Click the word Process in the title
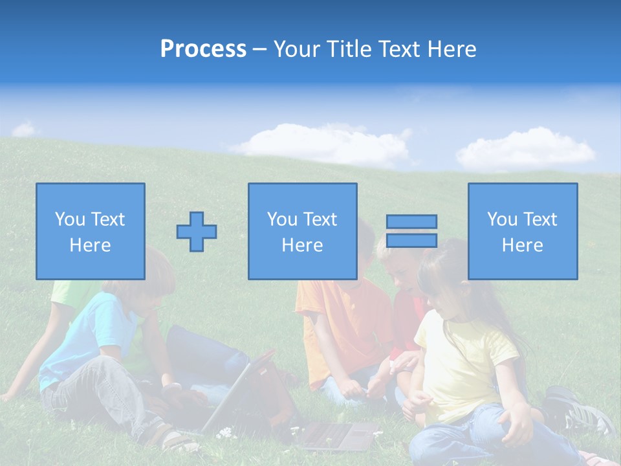pos(203,49)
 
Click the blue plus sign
pos(197,231)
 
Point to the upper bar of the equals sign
pos(411,221)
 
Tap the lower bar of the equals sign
pos(411,240)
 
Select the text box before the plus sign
pos(91,231)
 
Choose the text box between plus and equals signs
pos(302,231)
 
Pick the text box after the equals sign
pos(523,231)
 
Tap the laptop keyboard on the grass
pos(336,434)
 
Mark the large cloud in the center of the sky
pos(323,144)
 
